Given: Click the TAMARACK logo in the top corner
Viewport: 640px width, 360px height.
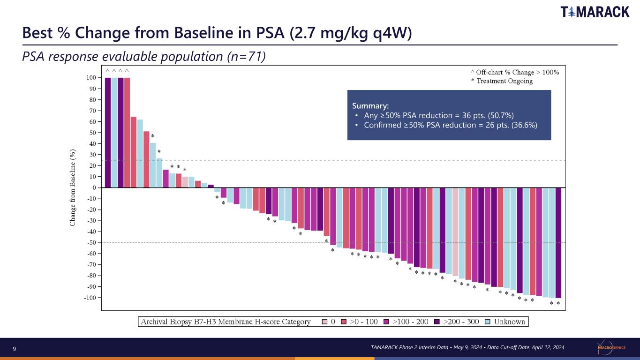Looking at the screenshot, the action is click(x=595, y=12).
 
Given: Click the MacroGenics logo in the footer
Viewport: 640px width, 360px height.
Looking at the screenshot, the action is click(x=611, y=347).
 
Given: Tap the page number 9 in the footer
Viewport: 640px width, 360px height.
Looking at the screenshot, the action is click(x=14, y=349).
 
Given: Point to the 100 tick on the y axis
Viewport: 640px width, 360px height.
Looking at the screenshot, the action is click(x=91, y=78).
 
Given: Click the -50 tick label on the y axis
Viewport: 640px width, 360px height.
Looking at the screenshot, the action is click(x=92, y=243).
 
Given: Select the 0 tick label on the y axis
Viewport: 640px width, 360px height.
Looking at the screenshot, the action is click(x=94, y=187).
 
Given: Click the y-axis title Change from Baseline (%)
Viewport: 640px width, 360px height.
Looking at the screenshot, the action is click(x=73, y=187).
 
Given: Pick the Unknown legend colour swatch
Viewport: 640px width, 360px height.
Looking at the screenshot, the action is click(x=488, y=322).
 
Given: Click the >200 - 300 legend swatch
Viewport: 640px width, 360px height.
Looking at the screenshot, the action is click(x=437, y=322).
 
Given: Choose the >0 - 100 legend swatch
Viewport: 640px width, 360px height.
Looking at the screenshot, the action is click(x=344, y=322).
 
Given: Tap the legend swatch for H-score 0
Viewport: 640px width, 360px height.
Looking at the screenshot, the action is click(x=324, y=322).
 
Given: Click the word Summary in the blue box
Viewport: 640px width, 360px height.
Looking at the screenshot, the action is click(x=370, y=106).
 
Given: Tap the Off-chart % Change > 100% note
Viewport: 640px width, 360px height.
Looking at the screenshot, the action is click(x=515, y=72).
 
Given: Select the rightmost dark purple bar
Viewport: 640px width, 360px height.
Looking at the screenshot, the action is click(x=558, y=243).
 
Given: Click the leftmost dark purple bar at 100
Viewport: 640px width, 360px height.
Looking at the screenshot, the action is click(x=108, y=133).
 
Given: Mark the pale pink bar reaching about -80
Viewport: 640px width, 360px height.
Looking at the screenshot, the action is click(x=455, y=232).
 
